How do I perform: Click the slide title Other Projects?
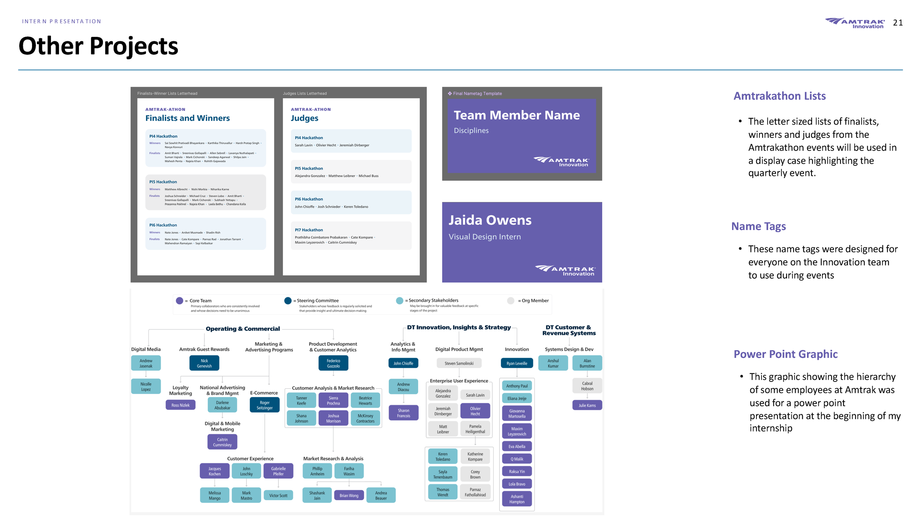pyautogui.click(x=98, y=46)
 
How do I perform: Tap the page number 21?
pyautogui.click(x=898, y=23)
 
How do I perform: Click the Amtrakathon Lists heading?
pyautogui.click(x=779, y=96)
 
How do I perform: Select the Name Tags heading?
pyautogui.click(x=758, y=226)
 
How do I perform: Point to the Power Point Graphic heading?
pyautogui.click(x=785, y=354)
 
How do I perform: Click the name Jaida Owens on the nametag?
pyautogui.click(x=490, y=220)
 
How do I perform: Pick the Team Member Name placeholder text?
pyautogui.click(x=516, y=115)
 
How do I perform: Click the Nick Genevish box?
pyautogui.click(x=204, y=363)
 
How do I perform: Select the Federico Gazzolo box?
pyautogui.click(x=333, y=363)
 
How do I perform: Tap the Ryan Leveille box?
pyautogui.click(x=517, y=363)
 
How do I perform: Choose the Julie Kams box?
pyautogui.click(x=587, y=405)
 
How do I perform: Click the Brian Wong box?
pyautogui.click(x=349, y=496)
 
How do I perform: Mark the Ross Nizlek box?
pyautogui.click(x=180, y=405)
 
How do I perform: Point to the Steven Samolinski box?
pyautogui.click(x=459, y=363)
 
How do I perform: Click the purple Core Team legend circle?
pyautogui.click(x=180, y=301)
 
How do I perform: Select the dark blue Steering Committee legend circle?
pyautogui.click(x=288, y=301)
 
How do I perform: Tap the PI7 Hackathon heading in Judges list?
pyautogui.click(x=309, y=230)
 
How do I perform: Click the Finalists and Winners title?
pyautogui.click(x=187, y=118)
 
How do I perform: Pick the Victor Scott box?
pyautogui.click(x=278, y=496)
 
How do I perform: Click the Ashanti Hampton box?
pyautogui.click(x=517, y=499)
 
